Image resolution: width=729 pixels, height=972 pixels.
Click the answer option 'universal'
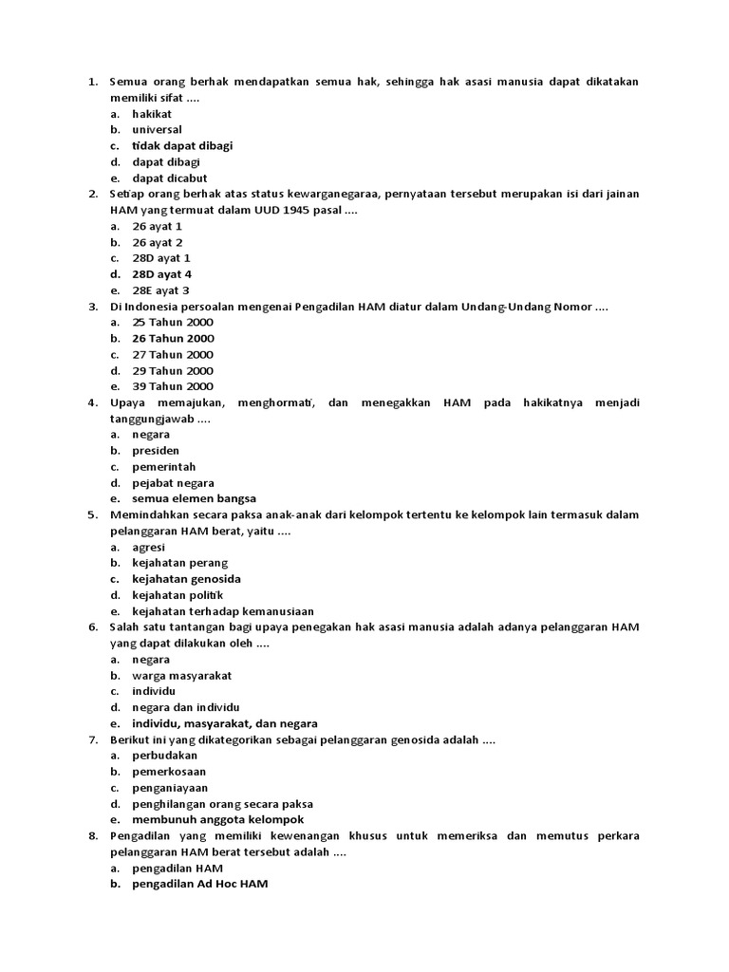(x=157, y=129)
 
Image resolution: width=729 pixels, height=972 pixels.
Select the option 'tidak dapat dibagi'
(x=182, y=145)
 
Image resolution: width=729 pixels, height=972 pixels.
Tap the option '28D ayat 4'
(x=161, y=274)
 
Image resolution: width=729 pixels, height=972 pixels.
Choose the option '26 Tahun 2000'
(x=173, y=338)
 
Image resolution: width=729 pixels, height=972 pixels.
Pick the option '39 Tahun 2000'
(x=173, y=386)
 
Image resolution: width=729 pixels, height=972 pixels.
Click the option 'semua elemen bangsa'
(x=194, y=498)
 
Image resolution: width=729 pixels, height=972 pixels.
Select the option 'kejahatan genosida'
(x=186, y=579)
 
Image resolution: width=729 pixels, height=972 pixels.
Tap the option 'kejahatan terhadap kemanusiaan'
(x=222, y=611)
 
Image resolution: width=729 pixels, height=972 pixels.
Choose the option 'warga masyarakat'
(x=181, y=676)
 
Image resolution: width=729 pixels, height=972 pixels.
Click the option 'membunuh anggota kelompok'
(x=217, y=819)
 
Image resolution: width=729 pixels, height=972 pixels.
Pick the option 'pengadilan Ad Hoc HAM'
(x=199, y=884)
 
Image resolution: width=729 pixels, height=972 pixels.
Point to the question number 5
(x=92, y=514)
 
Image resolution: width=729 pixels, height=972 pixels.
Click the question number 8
(x=92, y=836)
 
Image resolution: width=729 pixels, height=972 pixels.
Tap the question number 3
(x=92, y=307)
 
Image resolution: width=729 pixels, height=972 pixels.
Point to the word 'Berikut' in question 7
(x=129, y=739)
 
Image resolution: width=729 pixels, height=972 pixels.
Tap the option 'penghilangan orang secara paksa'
(x=223, y=804)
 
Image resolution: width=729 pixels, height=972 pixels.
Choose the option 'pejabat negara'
(x=173, y=482)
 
